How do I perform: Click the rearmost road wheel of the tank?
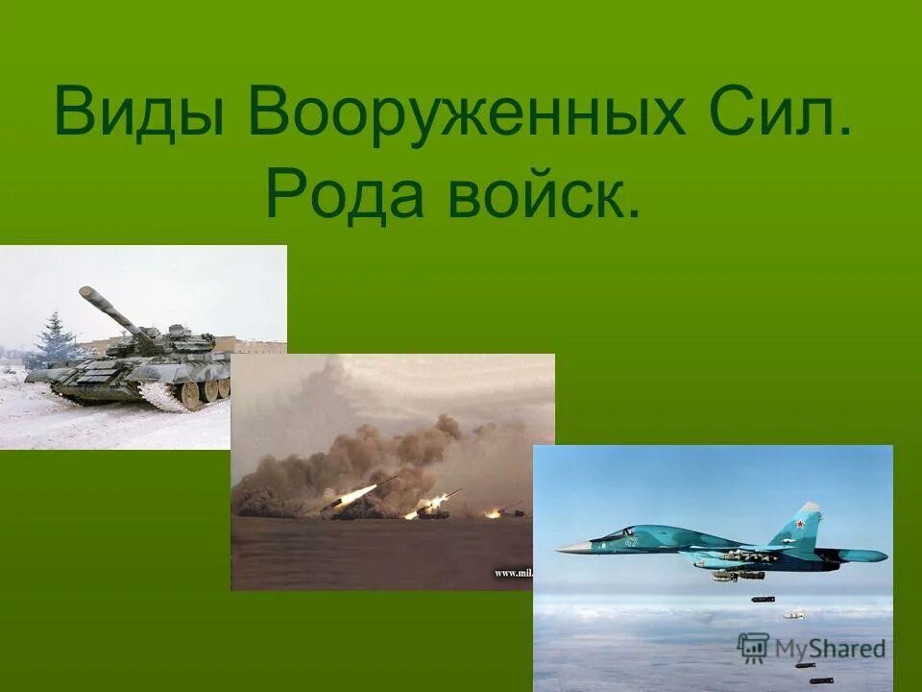tap(224, 387)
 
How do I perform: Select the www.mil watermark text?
tap(513, 574)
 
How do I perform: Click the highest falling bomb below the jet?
tap(763, 599)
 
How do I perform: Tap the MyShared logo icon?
tap(753, 647)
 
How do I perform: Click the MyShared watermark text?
tap(829, 649)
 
